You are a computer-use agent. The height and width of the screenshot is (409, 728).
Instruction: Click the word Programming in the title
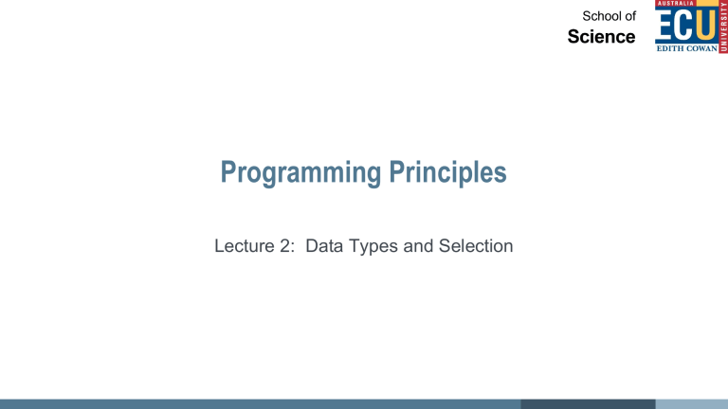click(300, 173)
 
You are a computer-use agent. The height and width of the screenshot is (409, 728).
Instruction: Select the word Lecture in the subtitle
click(245, 246)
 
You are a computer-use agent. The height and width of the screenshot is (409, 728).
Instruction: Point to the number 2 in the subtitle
click(285, 246)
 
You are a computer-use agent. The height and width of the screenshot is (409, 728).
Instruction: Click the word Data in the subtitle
click(324, 246)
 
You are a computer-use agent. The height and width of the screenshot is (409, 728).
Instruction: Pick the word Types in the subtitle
click(373, 247)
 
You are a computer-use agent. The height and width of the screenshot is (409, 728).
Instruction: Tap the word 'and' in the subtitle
click(418, 246)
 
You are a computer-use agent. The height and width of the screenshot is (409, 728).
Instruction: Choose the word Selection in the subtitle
click(476, 246)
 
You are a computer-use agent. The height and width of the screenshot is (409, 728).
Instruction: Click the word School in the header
click(600, 16)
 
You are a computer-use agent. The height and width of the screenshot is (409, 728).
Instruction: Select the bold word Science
click(601, 37)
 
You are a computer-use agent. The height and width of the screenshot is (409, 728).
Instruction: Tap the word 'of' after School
click(629, 16)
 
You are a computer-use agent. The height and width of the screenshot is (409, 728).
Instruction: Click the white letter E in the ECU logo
click(664, 25)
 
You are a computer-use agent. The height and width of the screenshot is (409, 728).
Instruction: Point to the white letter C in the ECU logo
click(684, 25)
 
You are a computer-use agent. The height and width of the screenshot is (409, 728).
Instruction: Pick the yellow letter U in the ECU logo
click(705, 25)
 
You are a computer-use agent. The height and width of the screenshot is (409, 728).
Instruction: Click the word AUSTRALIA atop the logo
click(675, 3)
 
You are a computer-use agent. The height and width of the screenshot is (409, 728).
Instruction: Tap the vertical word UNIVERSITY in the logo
click(723, 26)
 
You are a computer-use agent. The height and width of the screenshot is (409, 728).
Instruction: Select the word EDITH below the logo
click(668, 48)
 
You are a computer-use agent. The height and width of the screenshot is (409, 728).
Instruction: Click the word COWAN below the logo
click(700, 48)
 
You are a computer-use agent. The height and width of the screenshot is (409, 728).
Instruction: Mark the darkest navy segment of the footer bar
click(588, 404)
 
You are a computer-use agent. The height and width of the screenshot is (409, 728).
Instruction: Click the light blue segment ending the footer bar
click(691, 404)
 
